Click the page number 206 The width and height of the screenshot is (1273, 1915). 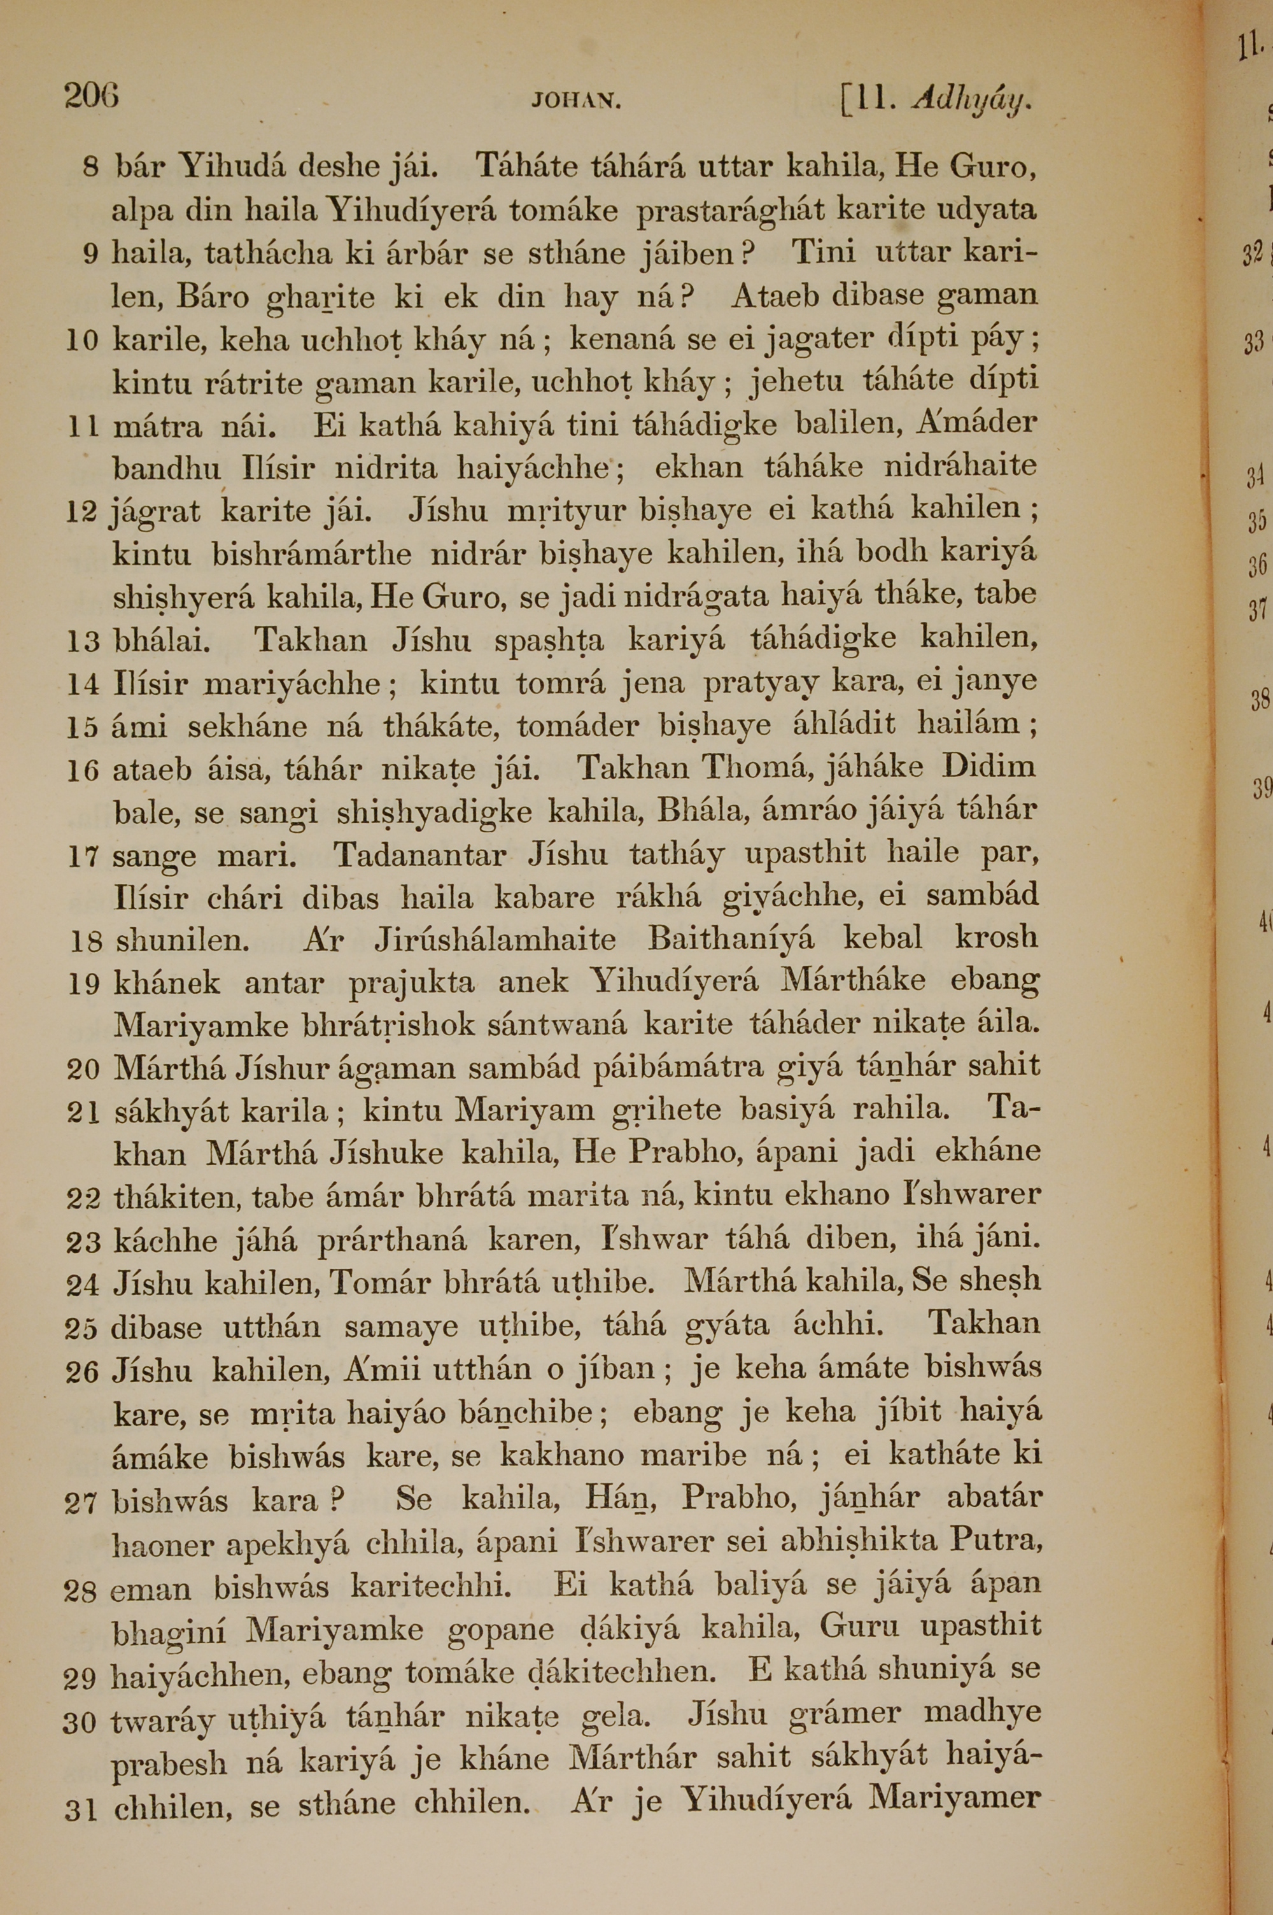(x=91, y=97)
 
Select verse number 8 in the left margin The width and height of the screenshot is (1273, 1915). (x=90, y=169)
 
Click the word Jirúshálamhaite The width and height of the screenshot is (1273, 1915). (x=495, y=939)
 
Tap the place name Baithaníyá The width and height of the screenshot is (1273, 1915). (x=731, y=939)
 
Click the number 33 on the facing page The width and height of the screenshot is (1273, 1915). (x=1253, y=343)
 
